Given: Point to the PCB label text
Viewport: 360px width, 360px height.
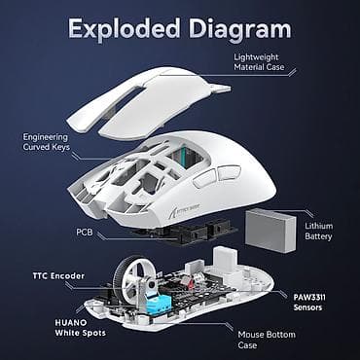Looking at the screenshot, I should tap(84, 233).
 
